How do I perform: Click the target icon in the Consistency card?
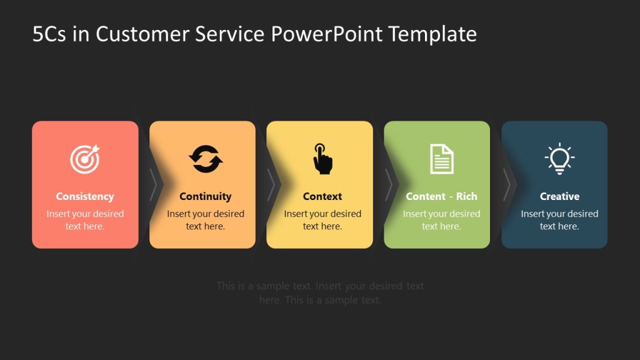(84, 159)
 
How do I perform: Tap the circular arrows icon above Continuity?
(206, 159)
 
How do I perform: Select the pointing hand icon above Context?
(322, 159)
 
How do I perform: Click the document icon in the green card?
(442, 159)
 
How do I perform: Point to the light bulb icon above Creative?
(559, 158)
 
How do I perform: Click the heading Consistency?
(85, 196)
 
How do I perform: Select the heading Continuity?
(206, 196)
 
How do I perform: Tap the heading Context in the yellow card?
(322, 196)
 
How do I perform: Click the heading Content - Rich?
(441, 196)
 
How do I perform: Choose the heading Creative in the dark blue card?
(559, 196)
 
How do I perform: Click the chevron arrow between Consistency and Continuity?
(153, 184)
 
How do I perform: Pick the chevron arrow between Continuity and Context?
(271, 184)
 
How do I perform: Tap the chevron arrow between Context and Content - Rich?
(388, 184)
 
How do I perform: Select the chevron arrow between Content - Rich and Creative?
(506, 184)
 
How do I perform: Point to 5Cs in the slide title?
(49, 34)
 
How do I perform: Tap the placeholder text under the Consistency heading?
(85, 220)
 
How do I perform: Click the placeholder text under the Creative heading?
(559, 220)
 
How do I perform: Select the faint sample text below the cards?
(320, 292)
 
